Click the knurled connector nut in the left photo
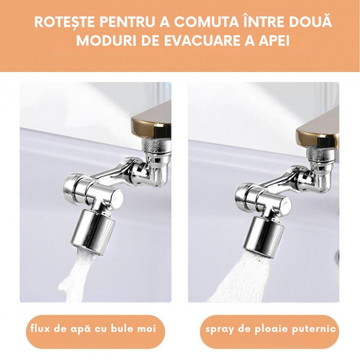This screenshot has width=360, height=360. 156,146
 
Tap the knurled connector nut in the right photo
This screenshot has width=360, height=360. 322,154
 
